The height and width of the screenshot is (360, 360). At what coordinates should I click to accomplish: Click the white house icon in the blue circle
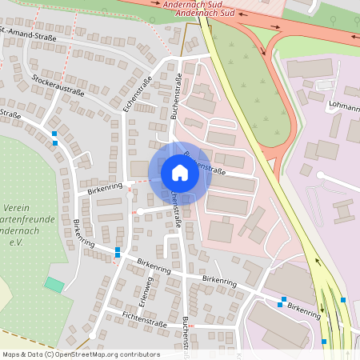point(180,173)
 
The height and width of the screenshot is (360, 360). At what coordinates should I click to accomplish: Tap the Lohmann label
point(344,105)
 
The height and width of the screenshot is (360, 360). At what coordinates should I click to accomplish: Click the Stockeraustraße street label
point(59,85)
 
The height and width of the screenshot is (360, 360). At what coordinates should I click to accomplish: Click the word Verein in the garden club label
point(16,207)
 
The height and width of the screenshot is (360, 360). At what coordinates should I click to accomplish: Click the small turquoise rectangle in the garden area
point(54,284)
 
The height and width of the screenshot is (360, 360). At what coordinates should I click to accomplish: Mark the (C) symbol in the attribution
point(50,354)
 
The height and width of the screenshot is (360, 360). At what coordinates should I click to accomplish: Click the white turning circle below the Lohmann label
point(321,174)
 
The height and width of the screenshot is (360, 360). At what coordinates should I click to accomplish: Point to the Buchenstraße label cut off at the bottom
point(186,332)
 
